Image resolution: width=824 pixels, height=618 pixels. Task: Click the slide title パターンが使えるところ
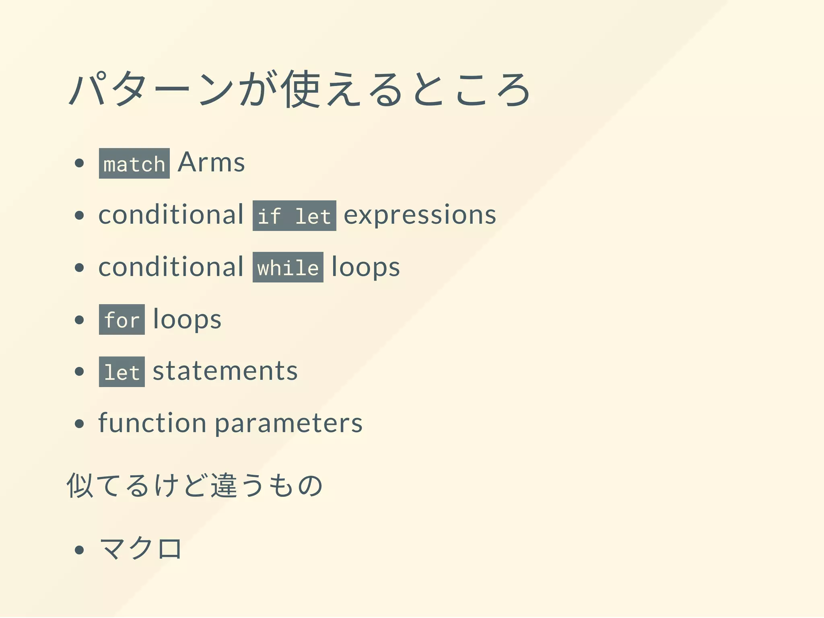(300, 89)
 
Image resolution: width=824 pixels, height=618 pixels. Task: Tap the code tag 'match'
(134, 163)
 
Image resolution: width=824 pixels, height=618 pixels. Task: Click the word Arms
(211, 163)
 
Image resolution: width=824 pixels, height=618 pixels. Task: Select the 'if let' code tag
(294, 216)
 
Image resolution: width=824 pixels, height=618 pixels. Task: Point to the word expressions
(420, 215)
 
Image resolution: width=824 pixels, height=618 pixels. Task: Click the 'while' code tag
(288, 267)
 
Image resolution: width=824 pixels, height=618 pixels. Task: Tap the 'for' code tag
(122, 319)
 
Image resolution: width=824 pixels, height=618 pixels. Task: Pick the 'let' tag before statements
(122, 372)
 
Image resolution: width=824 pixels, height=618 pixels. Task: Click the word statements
(225, 371)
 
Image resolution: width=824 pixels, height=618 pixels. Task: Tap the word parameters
(288, 423)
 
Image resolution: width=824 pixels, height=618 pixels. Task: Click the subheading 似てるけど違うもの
(195, 485)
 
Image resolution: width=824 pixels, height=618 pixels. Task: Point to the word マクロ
(140, 548)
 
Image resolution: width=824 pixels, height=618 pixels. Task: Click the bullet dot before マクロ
(79, 550)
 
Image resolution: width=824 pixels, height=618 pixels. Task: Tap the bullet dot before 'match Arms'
(79, 163)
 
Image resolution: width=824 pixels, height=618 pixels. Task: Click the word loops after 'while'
(365, 267)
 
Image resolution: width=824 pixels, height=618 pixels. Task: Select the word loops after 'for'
(187, 319)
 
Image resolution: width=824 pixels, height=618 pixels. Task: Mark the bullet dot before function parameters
(79, 423)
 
